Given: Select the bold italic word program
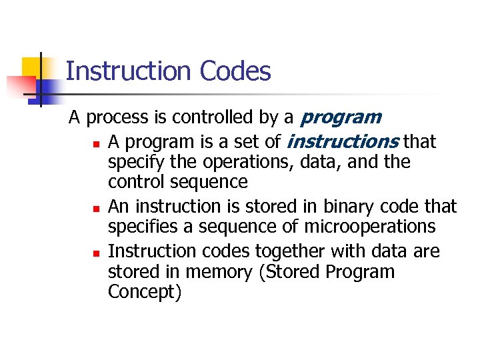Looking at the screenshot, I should tap(340, 119).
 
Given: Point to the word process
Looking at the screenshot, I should tap(118, 119).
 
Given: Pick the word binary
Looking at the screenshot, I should tap(346, 207).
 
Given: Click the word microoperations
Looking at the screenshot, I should tap(370, 227).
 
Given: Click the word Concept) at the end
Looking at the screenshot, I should tap(144, 293).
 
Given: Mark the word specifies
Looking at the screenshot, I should tap(142, 227).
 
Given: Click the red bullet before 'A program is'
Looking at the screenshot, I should tap(96, 143).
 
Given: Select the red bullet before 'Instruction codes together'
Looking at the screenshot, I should tap(96, 253).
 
